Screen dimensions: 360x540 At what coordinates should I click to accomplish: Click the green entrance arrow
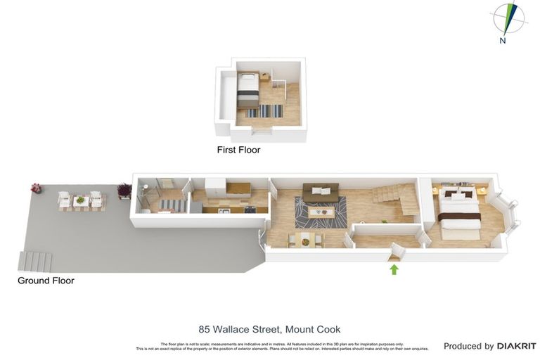(x=394, y=269)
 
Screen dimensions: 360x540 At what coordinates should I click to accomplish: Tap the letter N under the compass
(x=503, y=41)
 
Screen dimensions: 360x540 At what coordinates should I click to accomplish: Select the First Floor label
(x=238, y=150)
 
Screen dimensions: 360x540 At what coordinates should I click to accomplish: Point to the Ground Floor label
(x=46, y=281)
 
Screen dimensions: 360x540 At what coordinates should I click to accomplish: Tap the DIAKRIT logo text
(x=517, y=346)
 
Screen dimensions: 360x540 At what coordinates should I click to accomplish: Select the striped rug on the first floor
(x=264, y=111)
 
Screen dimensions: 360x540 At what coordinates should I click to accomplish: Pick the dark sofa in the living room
(x=321, y=189)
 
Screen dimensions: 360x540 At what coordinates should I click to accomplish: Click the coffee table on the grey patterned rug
(x=321, y=210)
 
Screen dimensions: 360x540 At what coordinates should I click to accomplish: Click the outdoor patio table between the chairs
(x=81, y=201)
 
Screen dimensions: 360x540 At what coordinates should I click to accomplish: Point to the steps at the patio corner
(x=36, y=261)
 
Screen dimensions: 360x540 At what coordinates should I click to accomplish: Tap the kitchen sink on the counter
(x=224, y=209)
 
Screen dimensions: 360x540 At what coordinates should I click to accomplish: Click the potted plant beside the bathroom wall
(x=124, y=190)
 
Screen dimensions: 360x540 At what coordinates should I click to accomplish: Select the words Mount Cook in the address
(x=312, y=329)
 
